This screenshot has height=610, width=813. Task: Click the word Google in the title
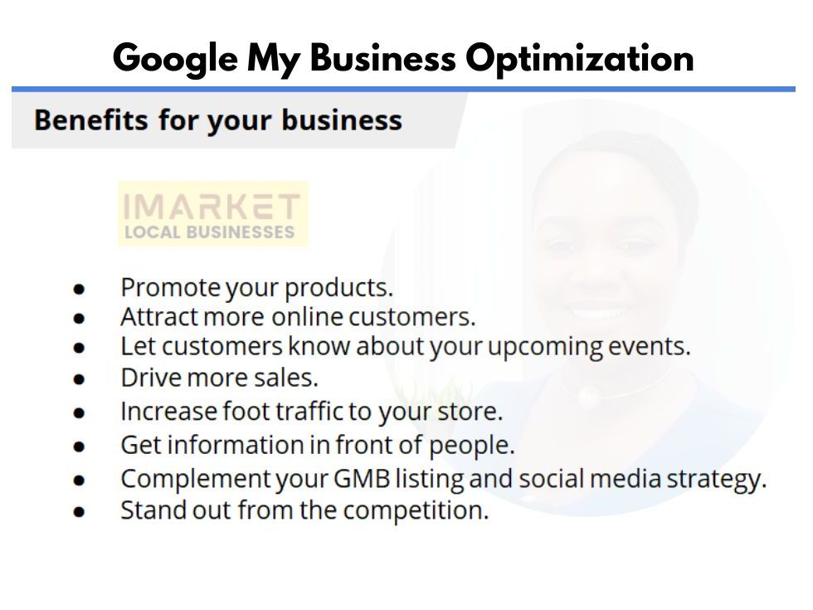[x=175, y=60]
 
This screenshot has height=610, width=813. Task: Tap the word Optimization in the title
[x=579, y=60]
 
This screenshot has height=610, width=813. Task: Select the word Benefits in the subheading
[x=90, y=120]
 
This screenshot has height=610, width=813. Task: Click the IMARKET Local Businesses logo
[x=213, y=213]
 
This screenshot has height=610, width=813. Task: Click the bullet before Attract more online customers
[x=79, y=319]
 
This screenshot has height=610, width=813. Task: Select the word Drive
[x=151, y=378]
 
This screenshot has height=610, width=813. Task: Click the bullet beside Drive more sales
[x=79, y=380]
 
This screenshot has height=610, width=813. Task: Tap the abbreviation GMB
[x=362, y=479]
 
